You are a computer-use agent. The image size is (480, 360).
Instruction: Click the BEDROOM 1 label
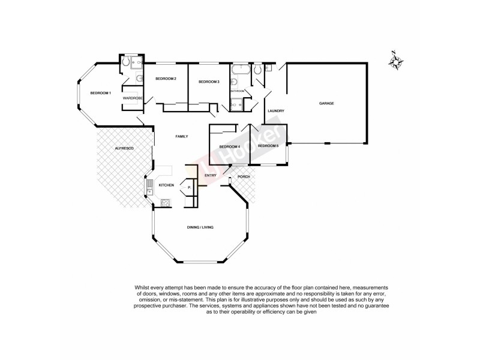[x=101, y=93]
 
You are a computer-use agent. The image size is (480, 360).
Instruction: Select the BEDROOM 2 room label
[x=165, y=79]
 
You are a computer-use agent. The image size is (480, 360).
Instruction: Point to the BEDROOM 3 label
[x=208, y=82]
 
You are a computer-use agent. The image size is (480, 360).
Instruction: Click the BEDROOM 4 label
[x=230, y=147]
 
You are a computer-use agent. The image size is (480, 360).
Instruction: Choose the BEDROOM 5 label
[x=268, y=146]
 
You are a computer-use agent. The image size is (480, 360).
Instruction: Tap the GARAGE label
[x=326, y=103]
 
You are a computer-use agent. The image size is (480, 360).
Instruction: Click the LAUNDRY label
[x=275, y=111]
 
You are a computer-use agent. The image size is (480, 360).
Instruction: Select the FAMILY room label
[x=182, y=137]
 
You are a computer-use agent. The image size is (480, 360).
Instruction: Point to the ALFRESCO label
[x=124, y=148]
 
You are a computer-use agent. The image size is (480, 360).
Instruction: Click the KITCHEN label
[x=166, y=185]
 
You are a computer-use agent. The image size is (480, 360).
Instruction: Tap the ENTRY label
[x=210, y=175]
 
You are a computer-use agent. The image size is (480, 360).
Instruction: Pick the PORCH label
[x=244, y=176]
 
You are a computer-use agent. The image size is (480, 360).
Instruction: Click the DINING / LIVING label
[x=201, y=227]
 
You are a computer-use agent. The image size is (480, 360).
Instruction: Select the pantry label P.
[x=189, y=187]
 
